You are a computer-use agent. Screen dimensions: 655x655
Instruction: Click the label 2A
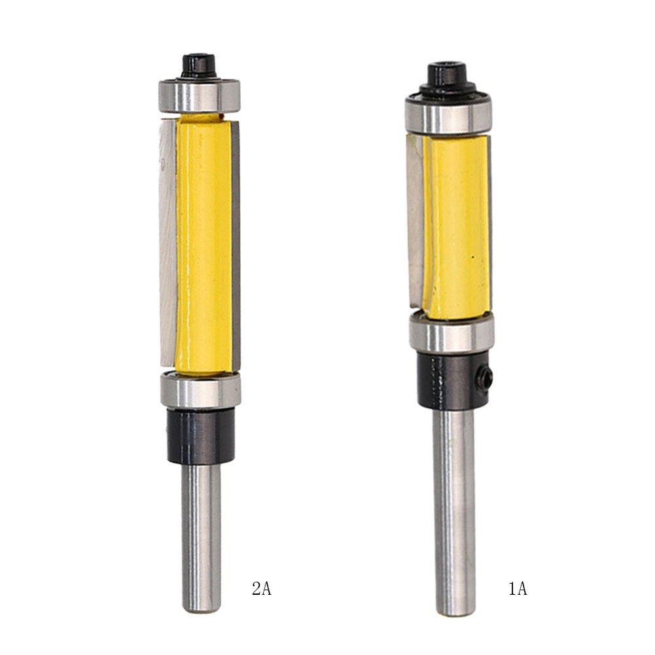261,589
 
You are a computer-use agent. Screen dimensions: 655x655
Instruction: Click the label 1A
517,589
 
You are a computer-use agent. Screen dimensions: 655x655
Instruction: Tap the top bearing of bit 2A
200,96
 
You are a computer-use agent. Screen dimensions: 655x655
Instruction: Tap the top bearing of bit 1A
448,116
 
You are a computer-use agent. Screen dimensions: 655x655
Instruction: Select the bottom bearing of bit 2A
201,391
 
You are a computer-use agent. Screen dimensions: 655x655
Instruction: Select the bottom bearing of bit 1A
451,334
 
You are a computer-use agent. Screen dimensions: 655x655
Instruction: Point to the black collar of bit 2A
200,436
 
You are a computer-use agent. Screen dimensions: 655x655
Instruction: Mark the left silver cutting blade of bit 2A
168,242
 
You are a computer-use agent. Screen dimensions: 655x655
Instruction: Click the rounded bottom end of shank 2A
201,607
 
